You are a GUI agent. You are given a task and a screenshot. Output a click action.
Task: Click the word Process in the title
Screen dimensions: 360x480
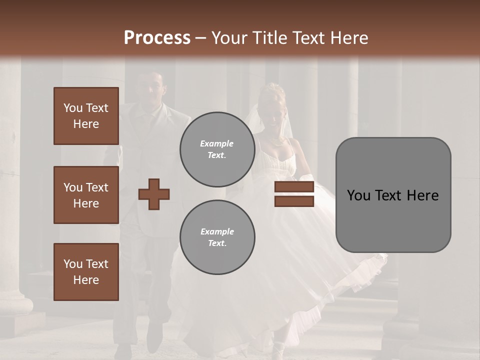coord(157,38)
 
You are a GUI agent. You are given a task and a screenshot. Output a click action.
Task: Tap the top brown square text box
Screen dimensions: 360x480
coord(86,116)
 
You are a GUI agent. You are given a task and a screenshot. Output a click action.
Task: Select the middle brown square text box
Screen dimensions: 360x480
coord(86,195)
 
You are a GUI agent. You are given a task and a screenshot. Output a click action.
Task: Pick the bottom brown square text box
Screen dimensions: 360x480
coord(86,272)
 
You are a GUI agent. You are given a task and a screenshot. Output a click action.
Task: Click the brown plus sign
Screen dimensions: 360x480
coord(154,194)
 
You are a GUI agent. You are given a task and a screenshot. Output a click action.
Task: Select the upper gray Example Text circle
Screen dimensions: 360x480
coord(217,149)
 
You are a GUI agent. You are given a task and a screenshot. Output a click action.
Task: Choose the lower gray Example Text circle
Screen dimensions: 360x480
coord(217,237)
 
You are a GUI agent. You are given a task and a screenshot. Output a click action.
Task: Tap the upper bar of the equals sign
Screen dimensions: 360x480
coord(294,187)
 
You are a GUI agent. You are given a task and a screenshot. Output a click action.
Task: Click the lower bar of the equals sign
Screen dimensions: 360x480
coord(294,201)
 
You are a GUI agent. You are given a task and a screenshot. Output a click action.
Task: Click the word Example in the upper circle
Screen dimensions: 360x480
coord(217,143)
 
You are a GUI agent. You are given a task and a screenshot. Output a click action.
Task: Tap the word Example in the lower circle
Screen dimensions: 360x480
coord(217,231)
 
